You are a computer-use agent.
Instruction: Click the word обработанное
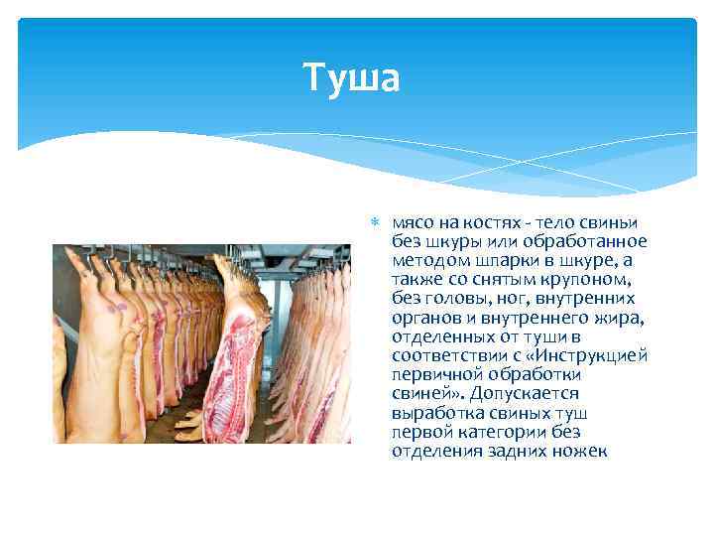[x=592, y=242]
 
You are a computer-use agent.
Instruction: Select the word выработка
[x=431, y=413]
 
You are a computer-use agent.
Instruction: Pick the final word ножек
[x=581, y=451]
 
